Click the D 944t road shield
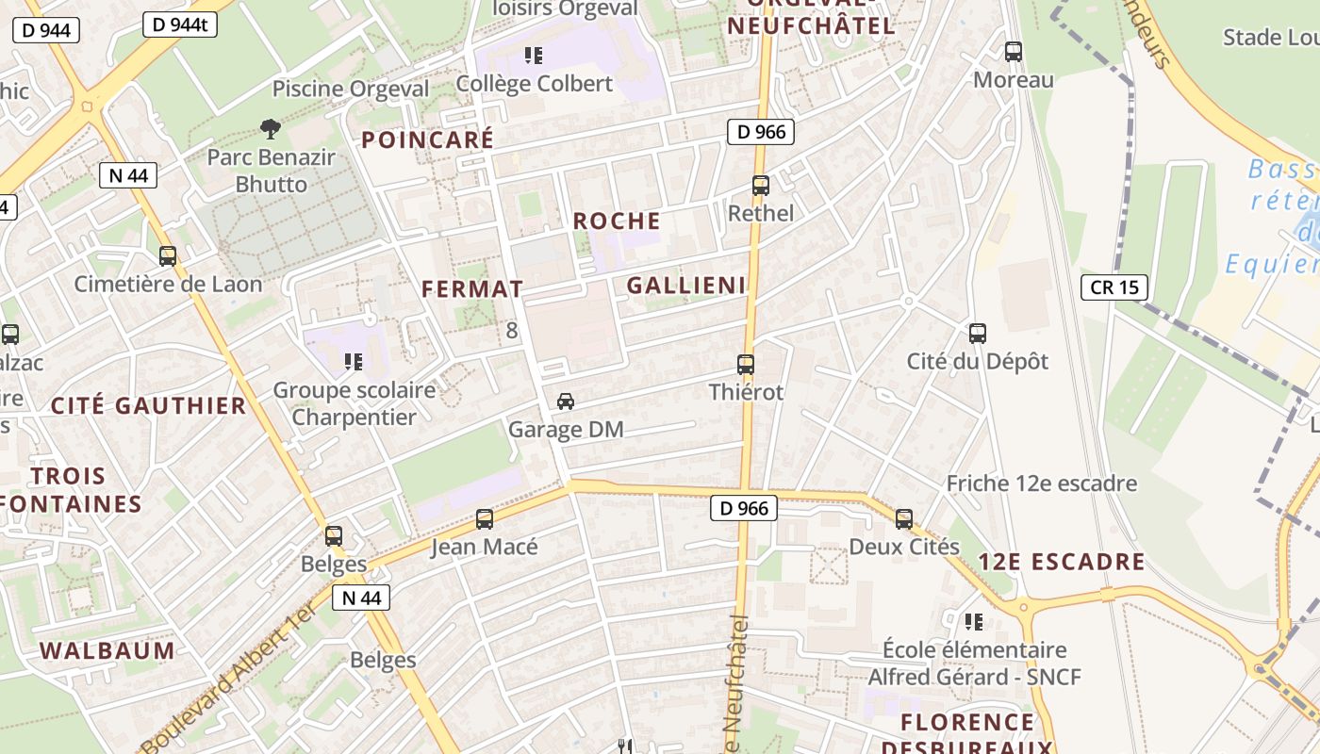pyautogui.click(x=180, y=25)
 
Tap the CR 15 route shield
pyautogui.click(x=1114, y=287)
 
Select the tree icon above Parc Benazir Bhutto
pyautogui.click(x=271, y=128)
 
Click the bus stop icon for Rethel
pyautogui.click(x=761, y=186)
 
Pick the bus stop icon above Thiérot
pyautogui.click(x=746, y=364)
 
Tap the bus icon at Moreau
pyautogui.click(x=1014, y=52)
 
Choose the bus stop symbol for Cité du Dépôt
pyautogui.click(x=978, y=333)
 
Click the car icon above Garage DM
pyautogui.click(x=566, y=402)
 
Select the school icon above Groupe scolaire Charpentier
pyautogui.click(x=354, y=361)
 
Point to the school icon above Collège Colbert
pyautogui.click(x=534, y=56)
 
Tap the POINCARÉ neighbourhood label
pyautogui.click(x=428, y=140)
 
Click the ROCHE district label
pyautogui.click(x=617, y=221)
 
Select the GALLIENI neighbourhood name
pyautogui.click(x=686, y=286)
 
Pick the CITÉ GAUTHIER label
pyautogui.click(x=148, y=406)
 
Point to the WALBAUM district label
pyautogui.click(x=107, y=650)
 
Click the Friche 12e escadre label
pyautogui.click(x=1042, y=484)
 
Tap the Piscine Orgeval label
pyautogui.click(x=351, y=90)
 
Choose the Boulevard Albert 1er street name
pyautogui.click(x=227, y=673)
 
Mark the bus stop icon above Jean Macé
pyautogui.click(x=485, y=518)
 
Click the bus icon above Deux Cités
pyautogui.click(x=904, y=518)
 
